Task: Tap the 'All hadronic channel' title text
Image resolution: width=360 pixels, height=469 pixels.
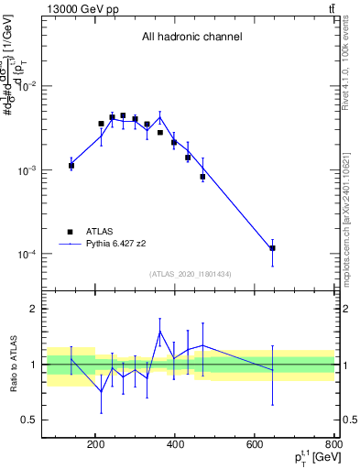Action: click(191, 38)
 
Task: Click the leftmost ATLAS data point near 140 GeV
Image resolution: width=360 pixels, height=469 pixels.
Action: click(71, 166)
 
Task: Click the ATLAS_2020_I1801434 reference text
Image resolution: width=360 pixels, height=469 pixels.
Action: click(191, 274)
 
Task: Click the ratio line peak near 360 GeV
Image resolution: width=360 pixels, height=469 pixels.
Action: click(160, 331)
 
